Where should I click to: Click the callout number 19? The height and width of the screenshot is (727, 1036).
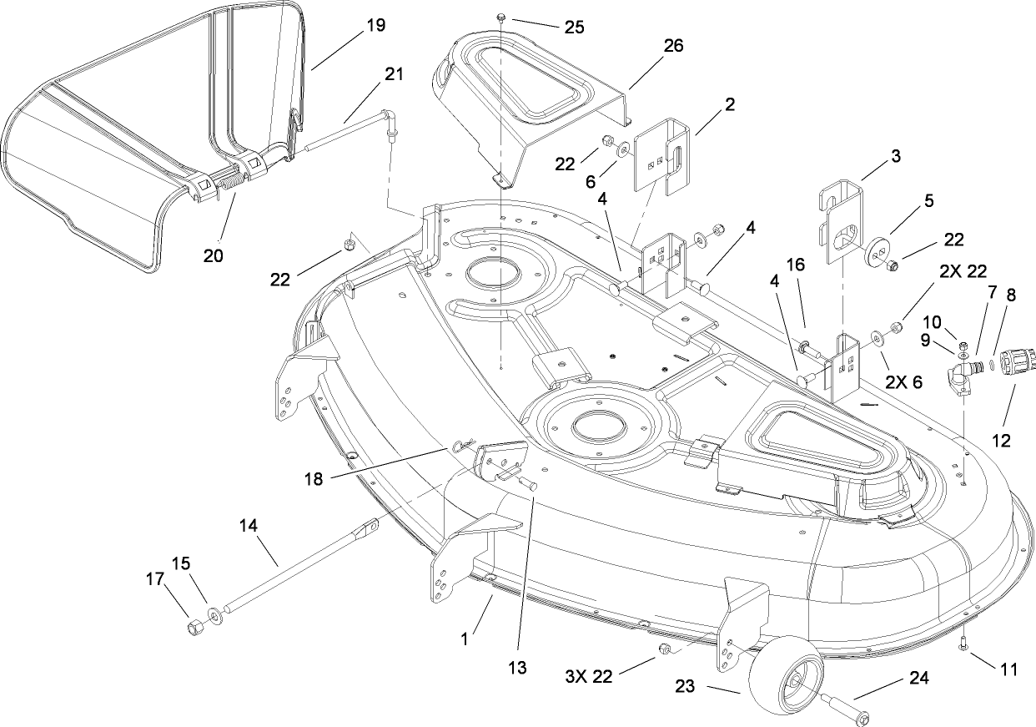point(375,25)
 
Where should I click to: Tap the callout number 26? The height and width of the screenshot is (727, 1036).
point(672,46)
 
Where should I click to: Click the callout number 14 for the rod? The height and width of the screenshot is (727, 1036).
point(249,526)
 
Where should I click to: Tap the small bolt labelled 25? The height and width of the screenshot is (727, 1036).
point(501,17)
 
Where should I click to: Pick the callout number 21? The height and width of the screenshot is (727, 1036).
point(393,73)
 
